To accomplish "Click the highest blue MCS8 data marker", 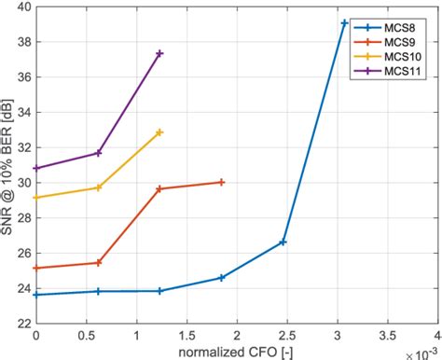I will (345, 22).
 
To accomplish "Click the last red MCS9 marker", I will (221, 182).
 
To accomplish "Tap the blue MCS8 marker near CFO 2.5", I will (283, 242).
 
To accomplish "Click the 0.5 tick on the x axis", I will (86, 334).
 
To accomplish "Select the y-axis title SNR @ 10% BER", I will (8, 165).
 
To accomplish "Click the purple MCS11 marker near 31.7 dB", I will (98, 153).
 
